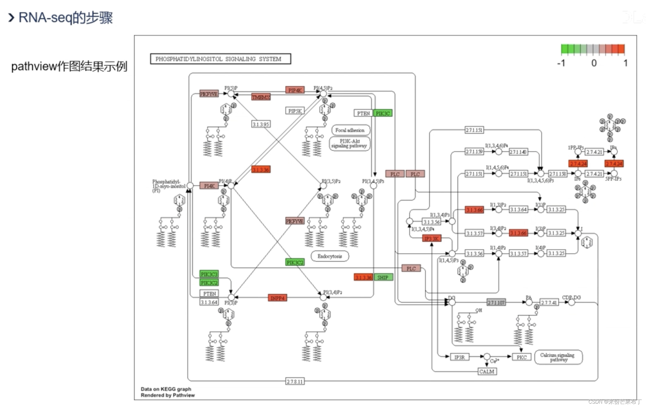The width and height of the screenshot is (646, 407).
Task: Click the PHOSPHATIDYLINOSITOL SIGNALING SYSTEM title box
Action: click(x=220, y=59)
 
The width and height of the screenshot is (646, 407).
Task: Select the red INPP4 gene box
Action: click(x=277, y=298)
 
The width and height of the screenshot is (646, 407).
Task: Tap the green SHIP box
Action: click(x=383, y=277)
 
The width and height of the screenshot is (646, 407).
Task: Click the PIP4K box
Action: click(x=295, y=90)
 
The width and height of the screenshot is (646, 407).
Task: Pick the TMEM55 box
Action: click(x=261, y=97)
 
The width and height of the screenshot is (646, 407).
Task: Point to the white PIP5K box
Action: click(x=295, y=111)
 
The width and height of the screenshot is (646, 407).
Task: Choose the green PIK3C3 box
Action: click(x=209, y=274)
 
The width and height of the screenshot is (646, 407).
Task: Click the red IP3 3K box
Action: click(x=431, y=239)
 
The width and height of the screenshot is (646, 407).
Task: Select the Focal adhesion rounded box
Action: click(x=350, y=130)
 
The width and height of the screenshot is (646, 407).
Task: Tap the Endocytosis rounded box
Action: click(x=330, y=256)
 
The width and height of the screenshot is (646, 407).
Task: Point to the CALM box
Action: click(x=487, y=371)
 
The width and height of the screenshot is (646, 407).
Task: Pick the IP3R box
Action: click(x=459, y=357)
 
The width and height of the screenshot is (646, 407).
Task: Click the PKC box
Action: click(x=521, y=357)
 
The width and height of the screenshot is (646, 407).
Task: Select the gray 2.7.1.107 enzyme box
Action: click(x=496, y=302)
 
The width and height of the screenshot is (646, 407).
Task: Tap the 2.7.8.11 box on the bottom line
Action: click(x=295, y=382)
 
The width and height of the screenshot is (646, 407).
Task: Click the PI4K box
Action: click(x=209, y=186)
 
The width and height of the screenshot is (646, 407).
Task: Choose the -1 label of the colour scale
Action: click(x=561, y=63)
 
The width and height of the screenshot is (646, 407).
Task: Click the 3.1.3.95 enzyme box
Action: click(x=261, y=124)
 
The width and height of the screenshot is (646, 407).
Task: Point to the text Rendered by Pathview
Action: click(x=168, y=395)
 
